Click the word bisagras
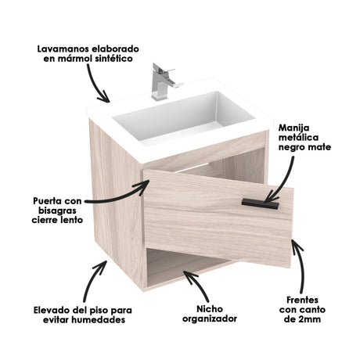click(58, 211)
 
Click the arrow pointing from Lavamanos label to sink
click(98, 82)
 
